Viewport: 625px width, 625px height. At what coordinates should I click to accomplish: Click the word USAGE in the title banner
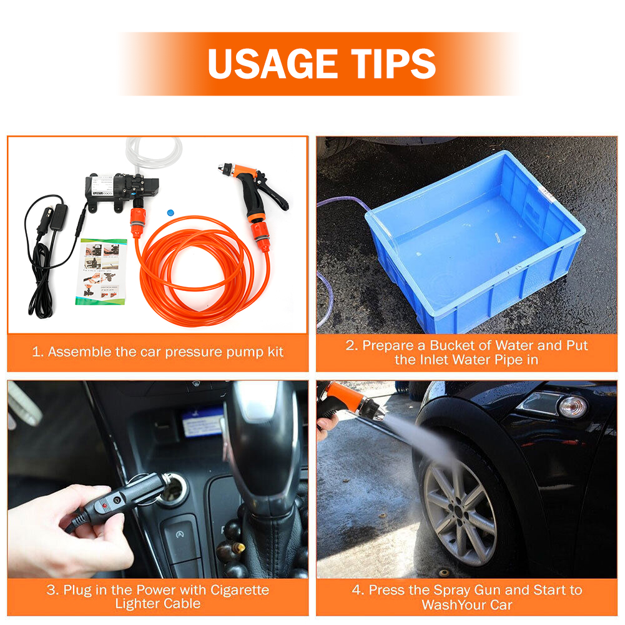click(x=273, y=64)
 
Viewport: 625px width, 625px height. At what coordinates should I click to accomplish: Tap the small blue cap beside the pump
click(x=170, y=212)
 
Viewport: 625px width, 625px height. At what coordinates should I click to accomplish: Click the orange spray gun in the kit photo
click(x=255, y=191)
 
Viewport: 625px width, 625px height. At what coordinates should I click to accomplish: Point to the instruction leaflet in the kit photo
click(x=101, y=272)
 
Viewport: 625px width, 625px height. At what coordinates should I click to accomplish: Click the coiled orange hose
click(x=199, y=271)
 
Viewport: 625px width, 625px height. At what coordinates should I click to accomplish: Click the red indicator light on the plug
click(x=105, y=505)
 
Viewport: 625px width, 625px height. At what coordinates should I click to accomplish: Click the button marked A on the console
click(x=180, y=534)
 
